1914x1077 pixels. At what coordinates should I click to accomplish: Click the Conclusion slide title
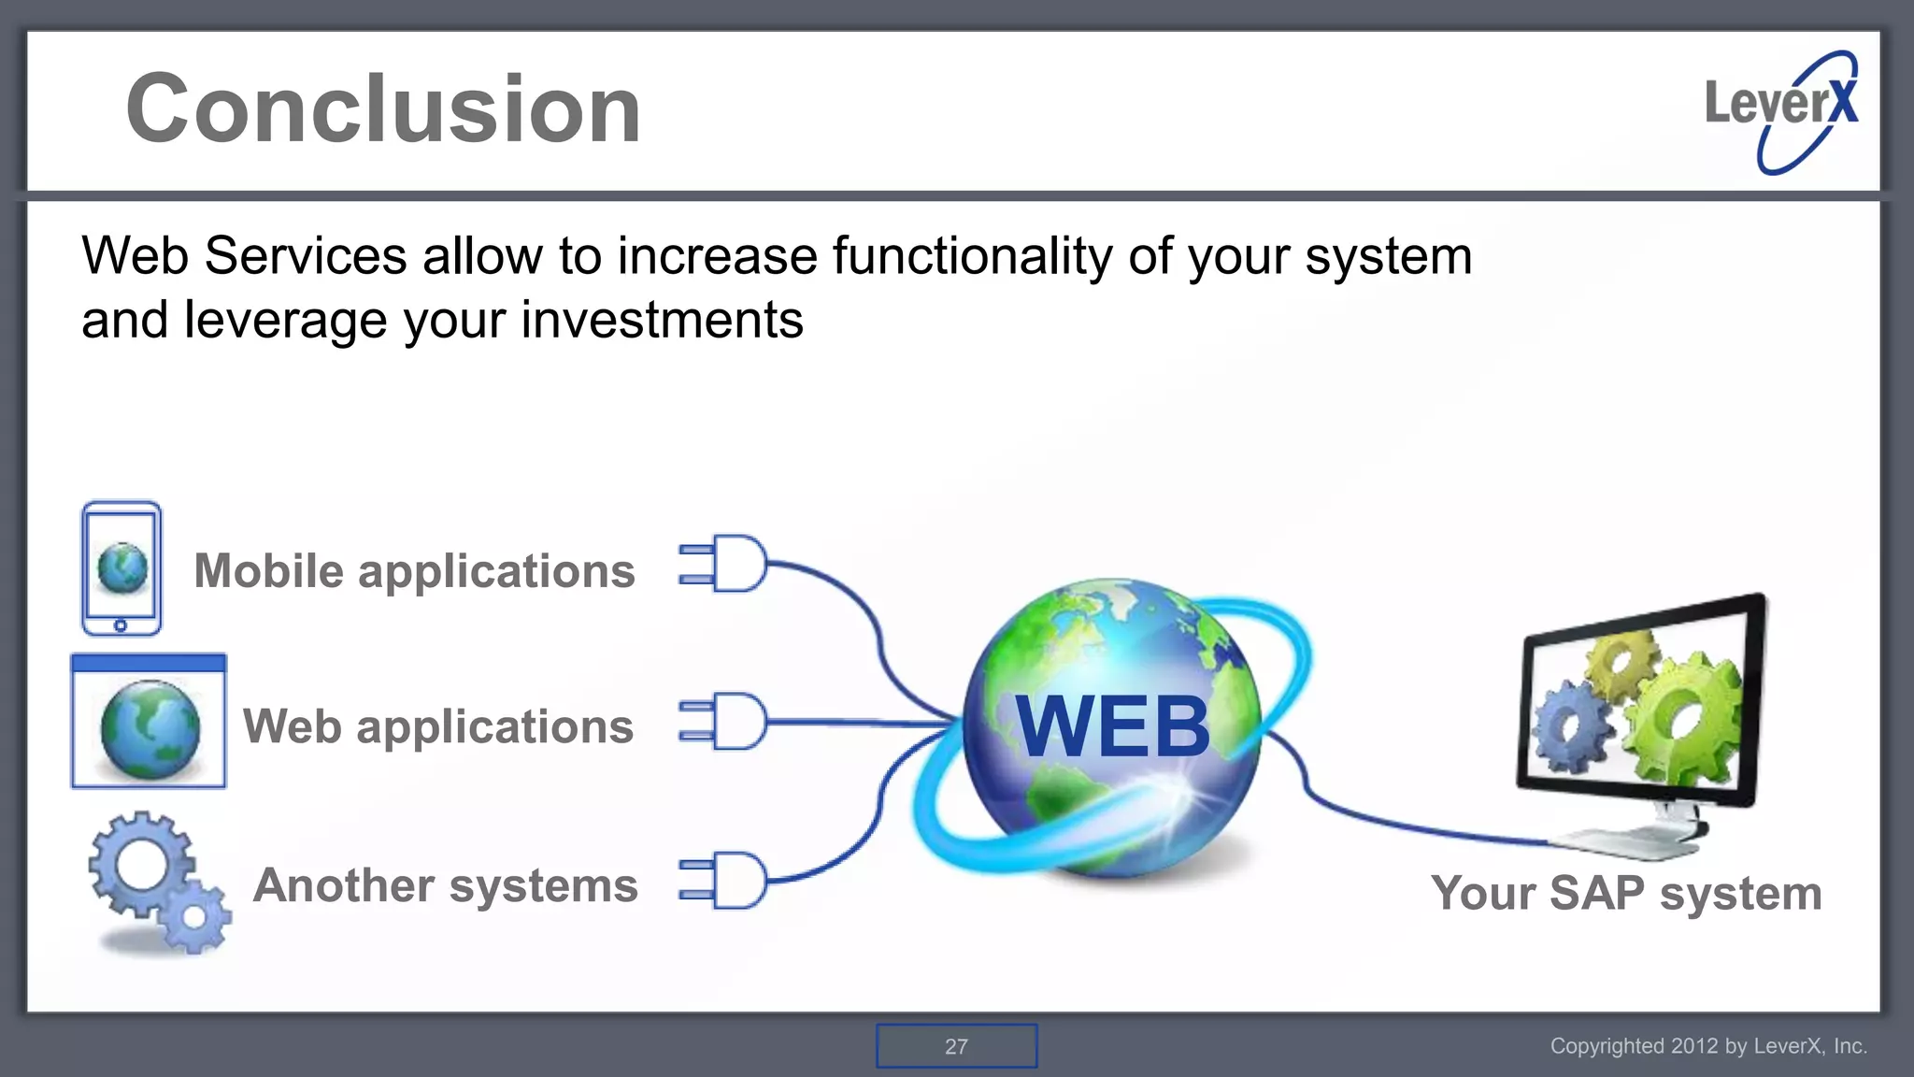(383, 109)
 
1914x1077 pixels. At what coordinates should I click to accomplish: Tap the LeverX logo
(1781, 110)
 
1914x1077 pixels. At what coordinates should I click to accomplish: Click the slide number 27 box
(956, 1046)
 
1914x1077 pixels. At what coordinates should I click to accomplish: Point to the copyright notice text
(1708, 1046)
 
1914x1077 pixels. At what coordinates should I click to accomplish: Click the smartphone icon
(121, 568)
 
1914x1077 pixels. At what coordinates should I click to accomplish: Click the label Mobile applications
(414, 571)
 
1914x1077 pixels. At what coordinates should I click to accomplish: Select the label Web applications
(437, 726)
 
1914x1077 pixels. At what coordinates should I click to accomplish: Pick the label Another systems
(445, 885)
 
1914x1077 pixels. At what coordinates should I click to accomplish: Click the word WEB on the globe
(1112, 727)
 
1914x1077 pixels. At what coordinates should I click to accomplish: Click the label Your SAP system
(1626, 893)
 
